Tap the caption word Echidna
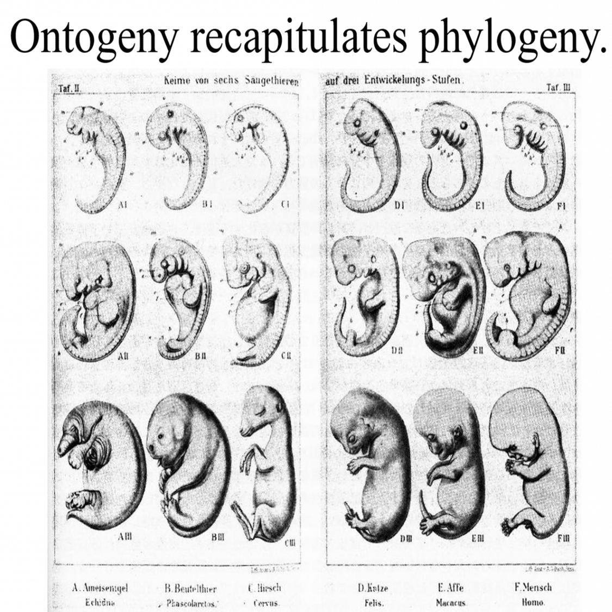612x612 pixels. (x=100, y=603)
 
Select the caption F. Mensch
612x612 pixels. (x=533, y=587)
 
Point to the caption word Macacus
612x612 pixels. (x=451, y=603)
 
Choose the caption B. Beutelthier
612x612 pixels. (x=190, y=588)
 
